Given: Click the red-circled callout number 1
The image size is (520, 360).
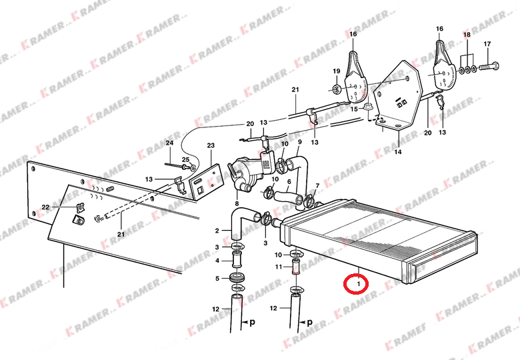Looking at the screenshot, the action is [x=358, y=284].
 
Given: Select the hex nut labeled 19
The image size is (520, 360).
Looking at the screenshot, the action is [x=336, y=89].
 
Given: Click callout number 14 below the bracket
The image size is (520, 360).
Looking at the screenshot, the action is [x=397, y=152].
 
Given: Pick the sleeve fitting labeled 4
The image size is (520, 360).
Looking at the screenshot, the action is [x=237, y=259].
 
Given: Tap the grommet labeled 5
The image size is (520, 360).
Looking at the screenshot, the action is [x=237, y=278].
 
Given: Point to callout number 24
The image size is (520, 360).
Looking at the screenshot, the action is [x=169, y=143].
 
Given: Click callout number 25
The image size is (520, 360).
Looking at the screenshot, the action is [x=186, y=160].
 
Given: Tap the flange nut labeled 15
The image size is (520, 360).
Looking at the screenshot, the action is [x=368, y=107].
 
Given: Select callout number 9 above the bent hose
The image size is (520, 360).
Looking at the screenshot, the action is [x=300, y=142].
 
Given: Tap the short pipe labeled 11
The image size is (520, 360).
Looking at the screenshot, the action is [x=295, y=267].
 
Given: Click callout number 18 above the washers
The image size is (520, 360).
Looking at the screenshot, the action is [x=467, y=35].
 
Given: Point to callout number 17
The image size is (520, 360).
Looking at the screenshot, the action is [x=487, y=44].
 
